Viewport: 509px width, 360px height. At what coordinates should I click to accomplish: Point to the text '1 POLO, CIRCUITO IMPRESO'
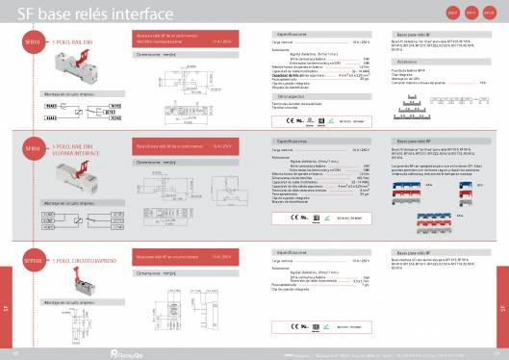(86, 261)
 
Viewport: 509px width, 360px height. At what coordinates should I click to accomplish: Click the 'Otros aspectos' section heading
(290, 96)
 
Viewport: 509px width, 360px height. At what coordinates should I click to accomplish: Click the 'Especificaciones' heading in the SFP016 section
(290, 251)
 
